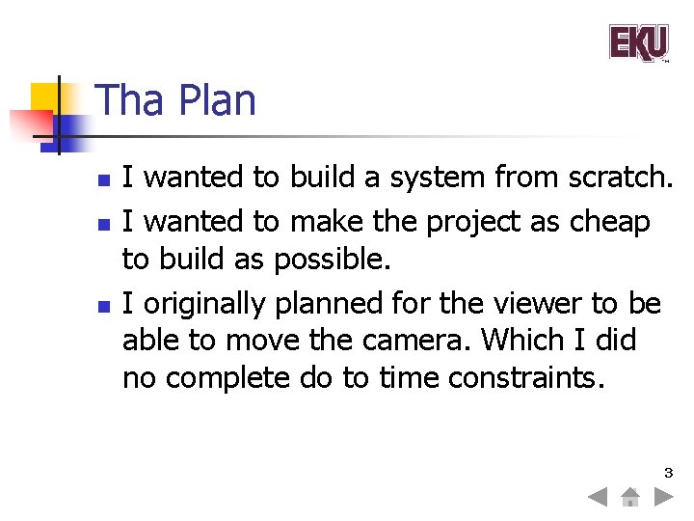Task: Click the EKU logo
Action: click(x=638, y=43)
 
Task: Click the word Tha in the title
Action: click(x=130, y=101)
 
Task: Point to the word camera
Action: click(x=422, y=340)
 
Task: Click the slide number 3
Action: click(x=667, y=473)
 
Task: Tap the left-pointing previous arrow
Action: click(x=598, y=498)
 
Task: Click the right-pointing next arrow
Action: click(x=663, y=498)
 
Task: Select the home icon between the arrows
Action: click(x=630, y=498)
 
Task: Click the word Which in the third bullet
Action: click(x=522, y=340)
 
